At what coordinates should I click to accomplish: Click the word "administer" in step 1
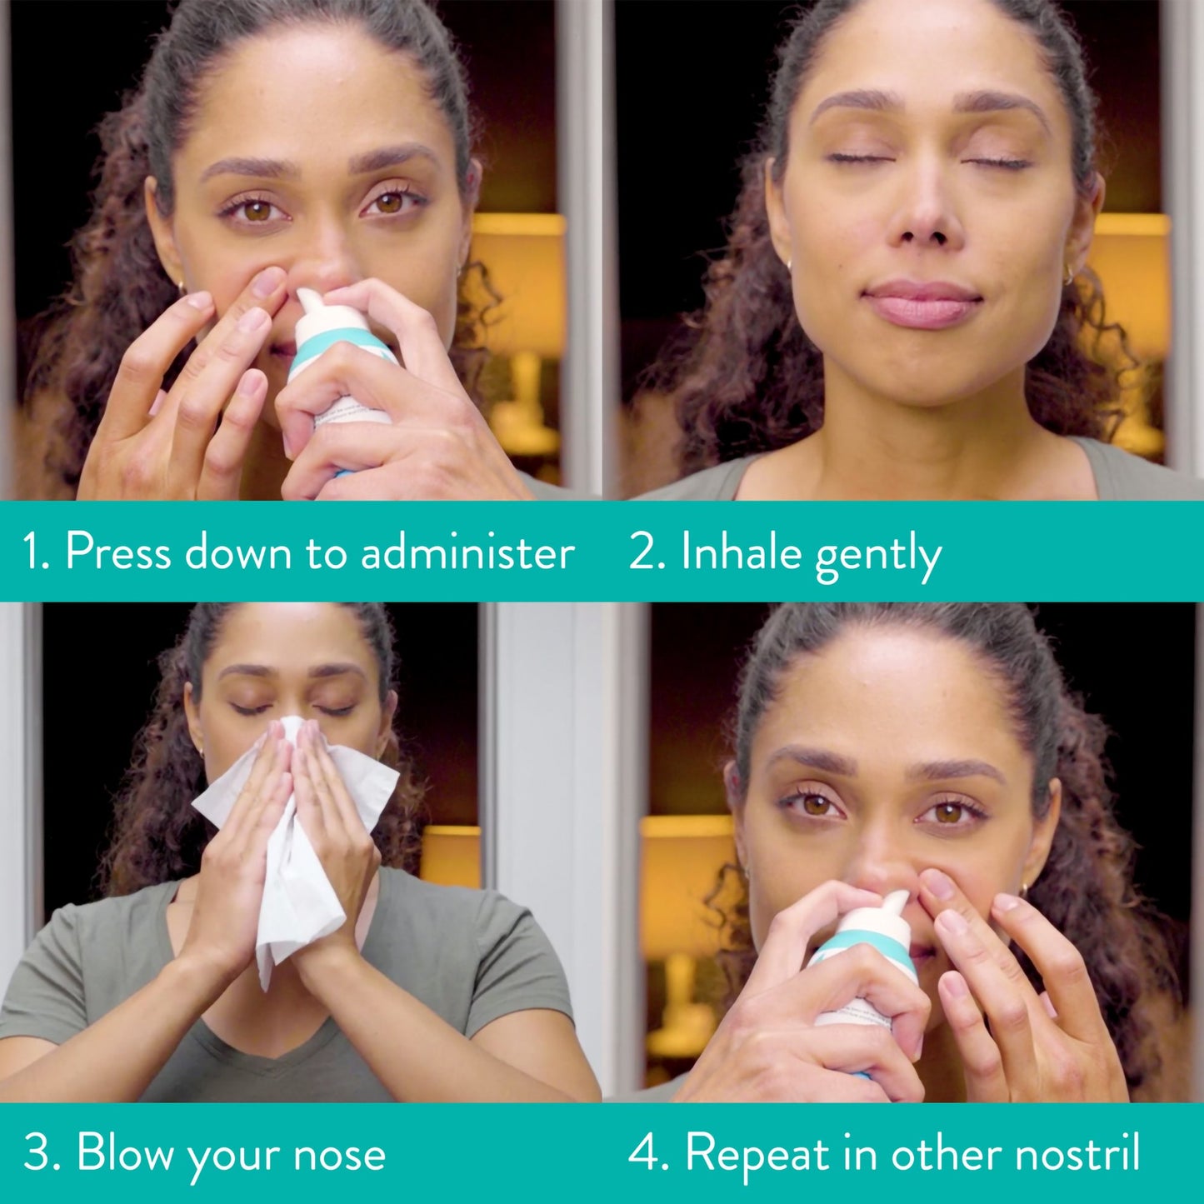(467, 552)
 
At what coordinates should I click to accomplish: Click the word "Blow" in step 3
(126, 1153)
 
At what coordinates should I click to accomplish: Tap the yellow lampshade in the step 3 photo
(451, 855)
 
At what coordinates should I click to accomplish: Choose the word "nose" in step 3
(339, 1155)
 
